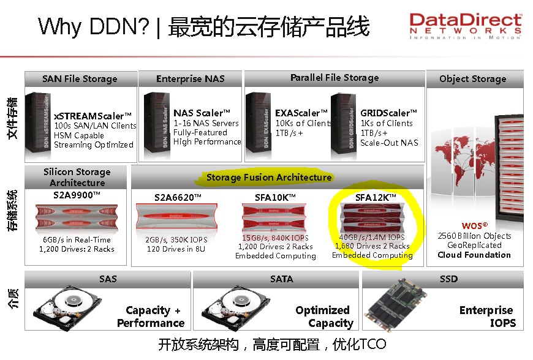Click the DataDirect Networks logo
tap(466, 26)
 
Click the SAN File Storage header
tap(80, 79)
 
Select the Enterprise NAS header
tap(191, 79)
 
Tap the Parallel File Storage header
tap(335, 78)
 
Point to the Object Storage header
tap(473, 79)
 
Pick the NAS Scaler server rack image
tap(156, 122)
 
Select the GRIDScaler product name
tap(388, 113)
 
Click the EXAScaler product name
tap(298, 113)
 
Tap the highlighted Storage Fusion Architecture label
tap(268, 178)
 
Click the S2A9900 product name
tap(77, 195)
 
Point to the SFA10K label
tap(275, 197)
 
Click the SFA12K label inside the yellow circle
tap(376, 197)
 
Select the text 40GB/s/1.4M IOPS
tap(372, 237)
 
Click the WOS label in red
tap(474, 226)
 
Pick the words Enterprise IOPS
tap(486, 317)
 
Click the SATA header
tap(282, 279)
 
